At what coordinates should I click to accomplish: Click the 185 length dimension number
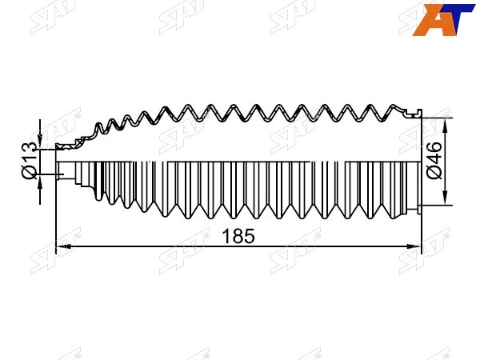coord(238,236)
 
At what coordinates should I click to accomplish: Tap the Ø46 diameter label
coord(434,160)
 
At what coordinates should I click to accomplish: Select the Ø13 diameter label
coord(30,161)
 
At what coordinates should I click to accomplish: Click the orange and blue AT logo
coord(443,20)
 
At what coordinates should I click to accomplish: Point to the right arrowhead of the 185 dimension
coord(414,246)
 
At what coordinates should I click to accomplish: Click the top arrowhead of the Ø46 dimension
coord(446,126)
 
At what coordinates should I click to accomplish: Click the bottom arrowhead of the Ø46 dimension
coord(446,198)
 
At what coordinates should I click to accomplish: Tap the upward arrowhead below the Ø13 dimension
coord(40,182)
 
